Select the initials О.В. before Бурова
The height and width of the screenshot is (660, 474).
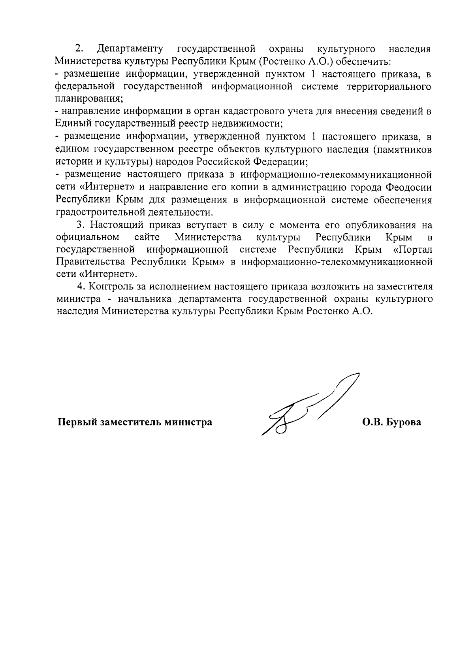[372, 422]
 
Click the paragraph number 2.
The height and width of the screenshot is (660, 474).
[79, 49]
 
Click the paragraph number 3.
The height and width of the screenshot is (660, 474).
[81, 225]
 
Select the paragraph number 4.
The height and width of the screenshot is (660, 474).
[81, 286]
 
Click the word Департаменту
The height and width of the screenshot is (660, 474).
[130, 49]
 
